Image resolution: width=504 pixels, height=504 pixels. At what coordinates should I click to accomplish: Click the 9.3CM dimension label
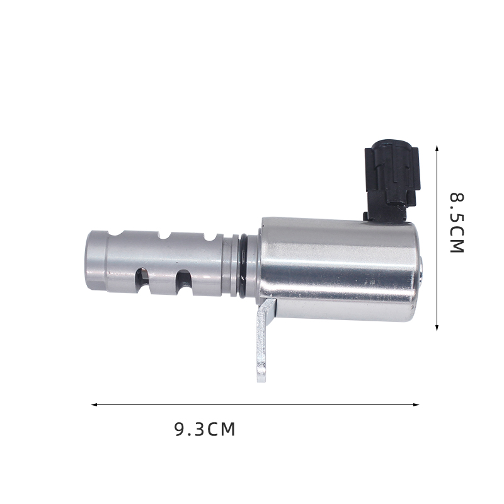click(205, 430)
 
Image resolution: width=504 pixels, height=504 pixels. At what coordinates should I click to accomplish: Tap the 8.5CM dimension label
click(456, 223)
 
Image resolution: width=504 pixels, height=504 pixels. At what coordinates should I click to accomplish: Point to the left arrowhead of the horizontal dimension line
click(94, 404)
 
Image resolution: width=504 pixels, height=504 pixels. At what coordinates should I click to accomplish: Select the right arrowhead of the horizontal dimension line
click(416, 404)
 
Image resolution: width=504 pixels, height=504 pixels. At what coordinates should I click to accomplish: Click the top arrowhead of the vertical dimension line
click(437, 148)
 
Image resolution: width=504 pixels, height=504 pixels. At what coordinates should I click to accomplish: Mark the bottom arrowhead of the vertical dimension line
click(437, 328)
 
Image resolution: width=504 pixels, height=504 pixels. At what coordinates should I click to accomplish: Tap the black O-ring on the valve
click(244, 264)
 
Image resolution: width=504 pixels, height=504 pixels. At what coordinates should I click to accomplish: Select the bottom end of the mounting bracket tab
click(261, 381)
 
